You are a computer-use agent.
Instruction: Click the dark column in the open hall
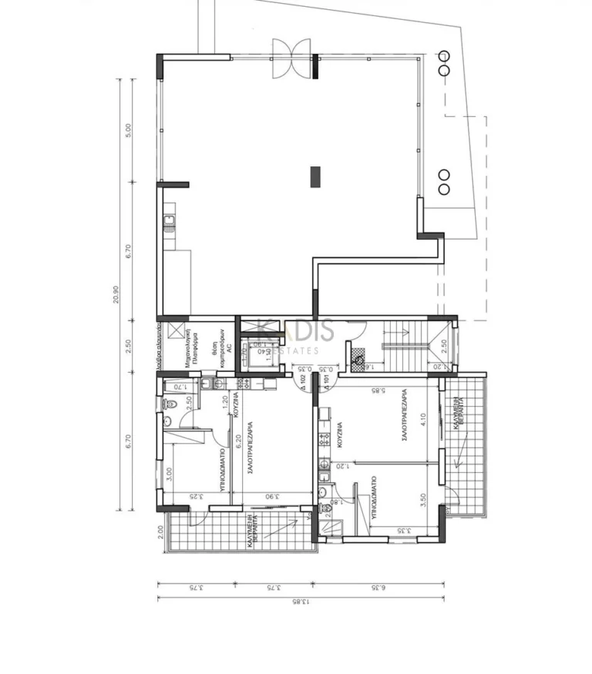click(x=314, y=176)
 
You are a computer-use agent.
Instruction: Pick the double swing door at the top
click(x=292, y=58)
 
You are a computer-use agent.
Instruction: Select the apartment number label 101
click(x=327, y=381)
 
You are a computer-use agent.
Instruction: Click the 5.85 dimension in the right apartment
click(x=378, y=391)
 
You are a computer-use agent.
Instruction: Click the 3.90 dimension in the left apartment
click(x=274, y=497)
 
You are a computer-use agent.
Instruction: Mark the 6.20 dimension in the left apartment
click(x=229, y=439)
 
